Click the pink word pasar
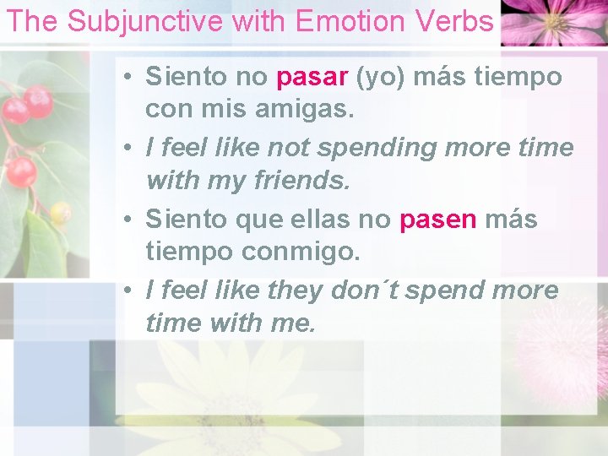coord(312,77)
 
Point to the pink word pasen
coord(437,220)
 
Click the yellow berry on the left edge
coord(60,213)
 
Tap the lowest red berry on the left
coord(21,172)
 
